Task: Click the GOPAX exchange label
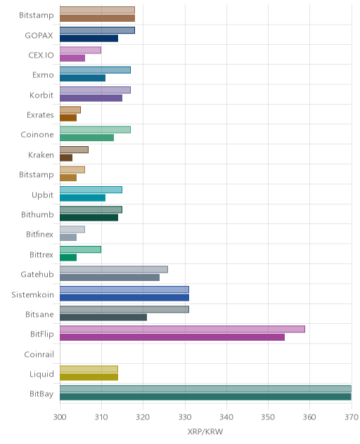point(39,35)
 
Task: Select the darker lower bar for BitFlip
point(172,337)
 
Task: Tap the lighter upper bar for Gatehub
point(114,270)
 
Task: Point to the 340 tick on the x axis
point(226,417)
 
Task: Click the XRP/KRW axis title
point(205,431)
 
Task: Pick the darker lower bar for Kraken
point(66,158)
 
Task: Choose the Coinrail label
point(39,354)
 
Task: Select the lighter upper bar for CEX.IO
point(80,50)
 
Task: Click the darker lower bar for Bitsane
point(103,317)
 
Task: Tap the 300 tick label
point(60,417)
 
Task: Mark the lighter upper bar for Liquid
point(89,369)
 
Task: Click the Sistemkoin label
point(32,294)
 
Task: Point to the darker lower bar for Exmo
point(82,78)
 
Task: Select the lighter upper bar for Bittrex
point(80,249)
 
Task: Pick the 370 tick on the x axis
point(352,417)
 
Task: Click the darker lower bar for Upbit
point(82,197)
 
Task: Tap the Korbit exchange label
point(41,95)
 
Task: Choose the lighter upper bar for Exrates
point(70,110)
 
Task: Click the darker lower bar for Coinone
point(86,138)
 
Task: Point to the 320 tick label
point(143,417)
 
